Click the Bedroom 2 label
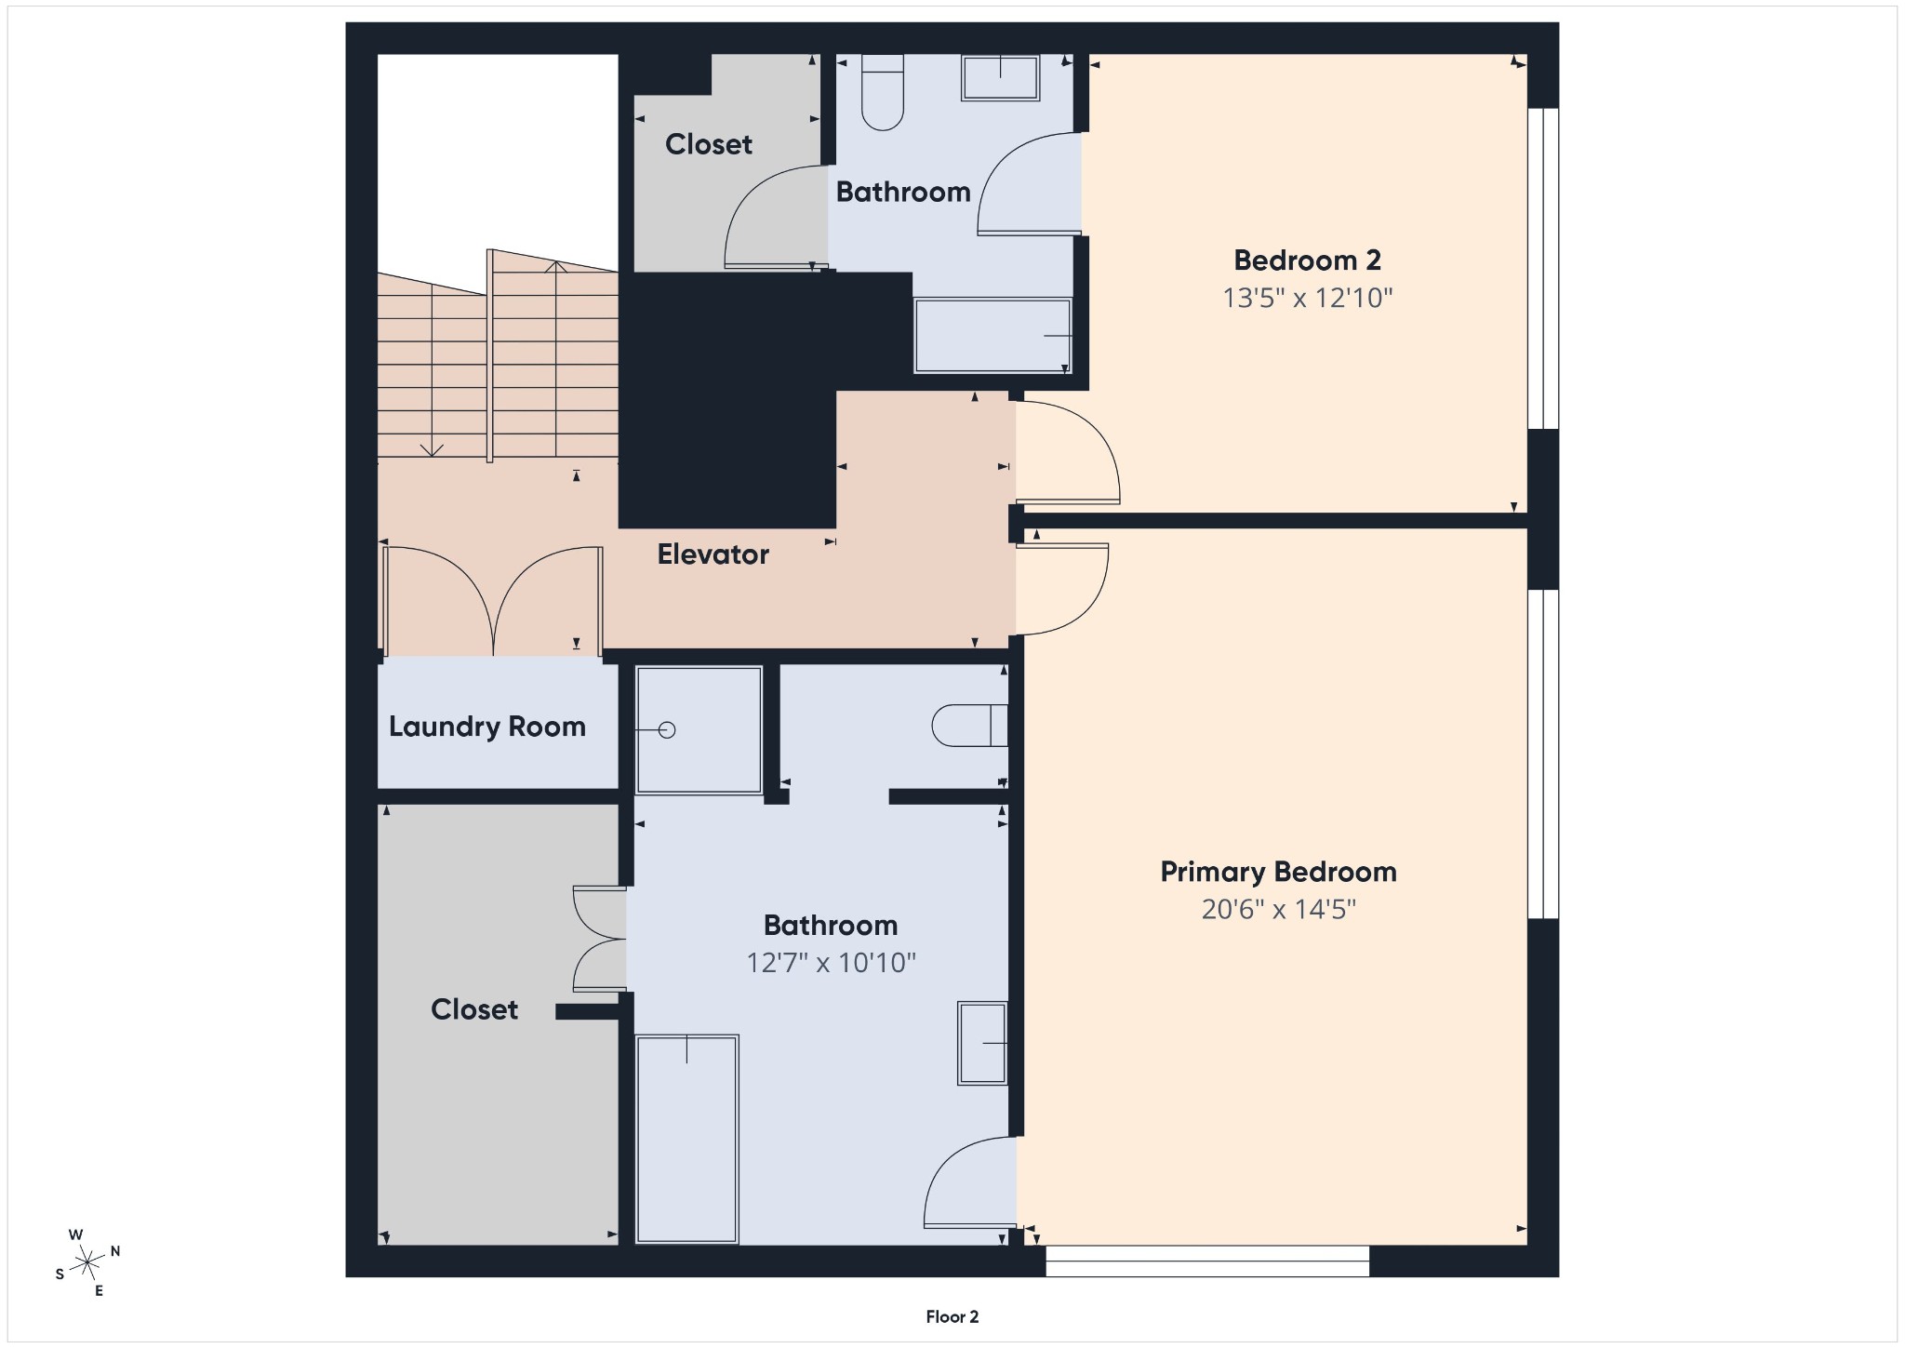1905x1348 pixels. (1307, 260)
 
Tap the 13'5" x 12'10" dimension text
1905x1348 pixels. (1307, 298)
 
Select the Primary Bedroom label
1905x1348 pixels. (1278, 872)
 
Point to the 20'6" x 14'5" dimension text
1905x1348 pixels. (1278, 909)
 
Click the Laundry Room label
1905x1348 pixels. (486, 727)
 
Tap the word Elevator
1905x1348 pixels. (713, 554)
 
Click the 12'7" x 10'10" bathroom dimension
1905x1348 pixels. (831, 962)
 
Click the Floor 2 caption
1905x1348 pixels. (952, 1316)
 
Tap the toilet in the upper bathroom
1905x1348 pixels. (883, 93)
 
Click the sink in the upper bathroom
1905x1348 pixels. (1000, 78)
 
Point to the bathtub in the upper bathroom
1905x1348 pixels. (992, 335)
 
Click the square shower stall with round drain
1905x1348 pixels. (699, 730)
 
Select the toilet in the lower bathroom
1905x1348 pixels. (970, 726)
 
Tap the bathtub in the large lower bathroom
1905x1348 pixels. (687, 1139)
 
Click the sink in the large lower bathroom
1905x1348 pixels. (982, 1043)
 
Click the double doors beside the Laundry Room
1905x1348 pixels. (492, 601)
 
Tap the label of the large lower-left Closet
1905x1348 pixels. (473, 1009)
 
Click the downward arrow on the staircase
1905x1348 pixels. (432, 449)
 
